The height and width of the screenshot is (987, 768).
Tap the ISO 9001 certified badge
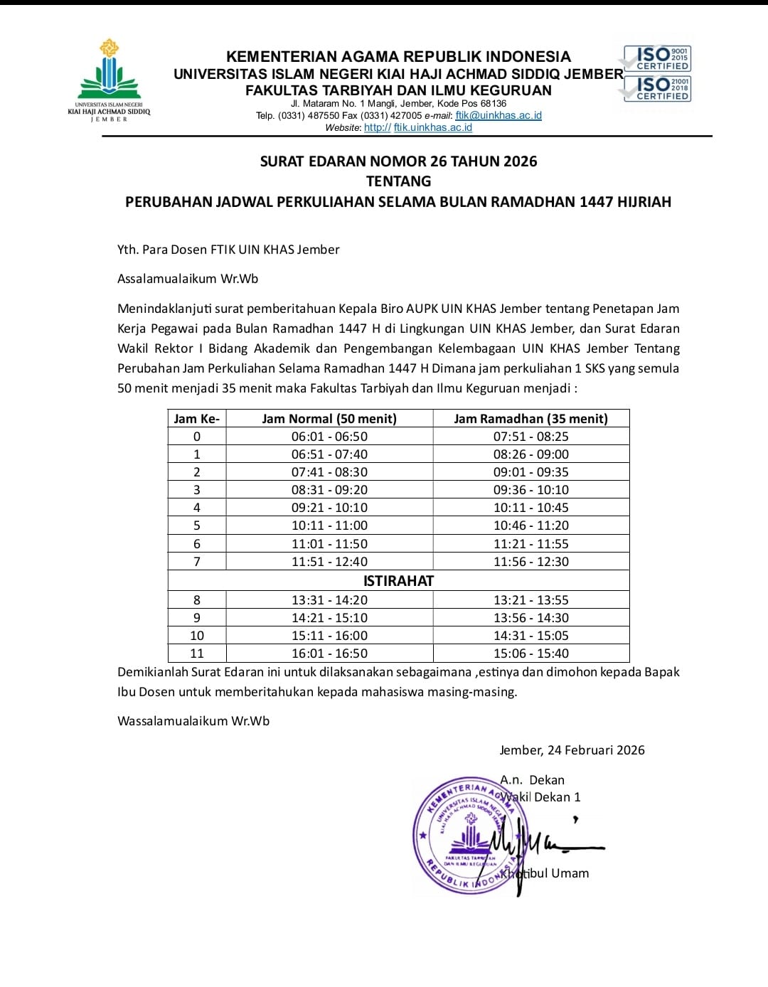pos(657,58)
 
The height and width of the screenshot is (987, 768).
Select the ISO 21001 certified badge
pos(657,89)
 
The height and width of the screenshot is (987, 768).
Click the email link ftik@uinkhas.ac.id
pos(498,115)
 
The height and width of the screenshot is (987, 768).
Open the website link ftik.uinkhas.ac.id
pos(432,127)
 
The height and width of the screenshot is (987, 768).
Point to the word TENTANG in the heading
pos(398,181)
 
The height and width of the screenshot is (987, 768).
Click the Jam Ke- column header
pos(197,419)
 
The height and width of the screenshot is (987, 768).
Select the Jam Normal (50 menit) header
pos(329,419)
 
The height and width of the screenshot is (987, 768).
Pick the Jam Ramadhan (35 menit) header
pos(531,419)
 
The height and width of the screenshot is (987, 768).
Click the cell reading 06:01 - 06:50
pos(329,437)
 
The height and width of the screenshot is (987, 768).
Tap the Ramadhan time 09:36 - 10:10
pos(531,490)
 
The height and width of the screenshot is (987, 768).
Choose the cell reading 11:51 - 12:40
pos(329,562)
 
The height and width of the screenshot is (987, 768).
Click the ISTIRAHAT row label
pos(398,581)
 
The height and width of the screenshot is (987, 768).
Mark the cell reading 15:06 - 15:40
pos(531,653)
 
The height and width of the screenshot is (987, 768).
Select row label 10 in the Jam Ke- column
pos(197,636)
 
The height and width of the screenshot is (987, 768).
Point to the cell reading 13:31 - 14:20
pos(329,600)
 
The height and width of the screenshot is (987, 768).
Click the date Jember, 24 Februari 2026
pos(572,750)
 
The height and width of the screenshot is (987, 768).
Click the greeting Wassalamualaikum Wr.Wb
pos(193,721)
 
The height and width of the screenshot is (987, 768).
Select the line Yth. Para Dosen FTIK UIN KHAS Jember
pos(228,250)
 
